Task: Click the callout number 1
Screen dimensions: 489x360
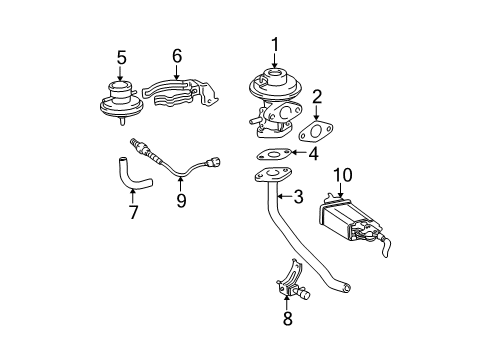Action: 275,45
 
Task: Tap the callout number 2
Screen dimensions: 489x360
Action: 317,97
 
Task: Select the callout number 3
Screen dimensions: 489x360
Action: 298,196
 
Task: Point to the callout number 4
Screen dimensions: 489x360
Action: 313,153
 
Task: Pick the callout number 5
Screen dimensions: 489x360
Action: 122,57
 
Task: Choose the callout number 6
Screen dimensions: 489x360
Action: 177,55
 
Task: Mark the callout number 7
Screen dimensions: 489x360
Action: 133,212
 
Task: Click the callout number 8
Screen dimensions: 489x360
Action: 287,318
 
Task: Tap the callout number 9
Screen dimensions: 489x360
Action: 181,200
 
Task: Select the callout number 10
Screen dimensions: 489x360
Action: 343,175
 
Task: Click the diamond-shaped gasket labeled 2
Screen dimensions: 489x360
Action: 316,131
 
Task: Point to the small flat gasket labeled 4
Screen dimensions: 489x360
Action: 273,154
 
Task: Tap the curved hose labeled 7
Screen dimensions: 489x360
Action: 131,177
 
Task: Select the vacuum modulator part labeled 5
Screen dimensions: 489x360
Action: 122,102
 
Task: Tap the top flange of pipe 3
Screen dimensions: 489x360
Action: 273,175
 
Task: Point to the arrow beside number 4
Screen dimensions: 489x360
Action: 298,152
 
